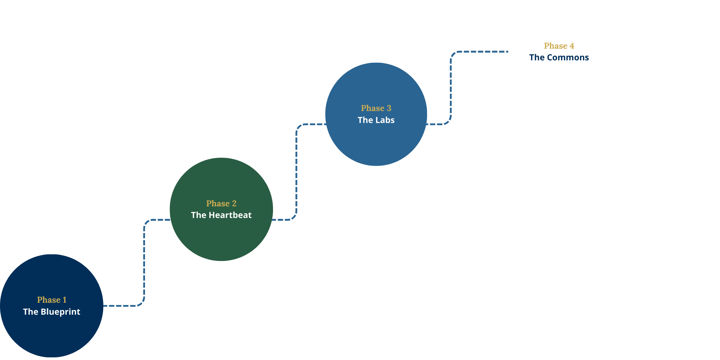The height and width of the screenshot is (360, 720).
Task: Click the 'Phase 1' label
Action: click(x=52, y=300)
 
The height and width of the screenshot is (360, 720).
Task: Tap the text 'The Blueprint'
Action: click(x=52, y=312)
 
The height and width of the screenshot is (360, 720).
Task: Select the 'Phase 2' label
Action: click(x=221, y=203)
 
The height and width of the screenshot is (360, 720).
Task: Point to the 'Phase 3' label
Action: click(x=376, y=108)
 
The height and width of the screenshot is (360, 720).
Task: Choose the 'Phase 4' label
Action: click(x=559, y=46)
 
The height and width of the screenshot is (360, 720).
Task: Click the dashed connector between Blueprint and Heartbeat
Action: click(x=144, y=263)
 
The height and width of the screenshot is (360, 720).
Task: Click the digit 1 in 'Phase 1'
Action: click(x=65, y=300)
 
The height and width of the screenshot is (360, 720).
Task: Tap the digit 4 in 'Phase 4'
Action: click(x=572, y=46)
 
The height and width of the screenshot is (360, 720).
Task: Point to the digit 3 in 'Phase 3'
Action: click(x=389, y=108)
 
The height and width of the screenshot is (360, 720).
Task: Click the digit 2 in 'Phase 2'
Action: click(x=234, y=203)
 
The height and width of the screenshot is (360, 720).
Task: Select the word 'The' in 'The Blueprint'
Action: click(x=31, y=312)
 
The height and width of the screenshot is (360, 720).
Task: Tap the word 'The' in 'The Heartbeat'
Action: click(x=199, y=215)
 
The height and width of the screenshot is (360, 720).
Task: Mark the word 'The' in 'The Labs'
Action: click(x=365, y=120)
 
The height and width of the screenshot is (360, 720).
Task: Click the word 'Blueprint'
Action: click(x=60, y=312)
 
